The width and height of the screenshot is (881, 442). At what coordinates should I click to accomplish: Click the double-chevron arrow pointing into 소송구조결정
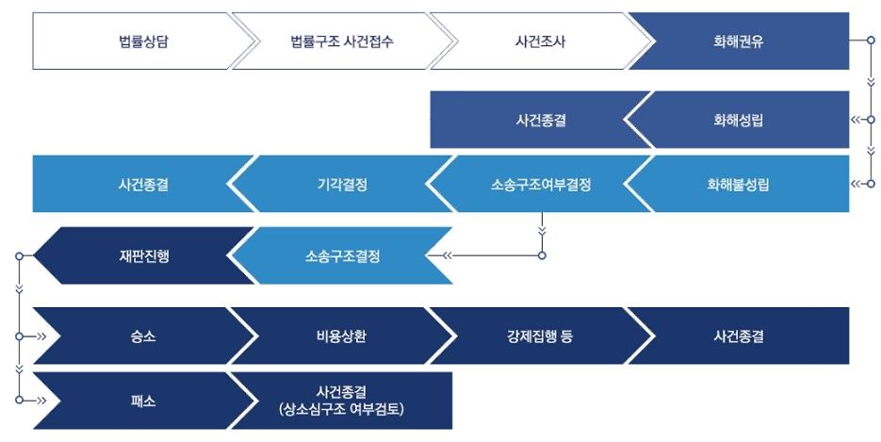[x=447, y=255]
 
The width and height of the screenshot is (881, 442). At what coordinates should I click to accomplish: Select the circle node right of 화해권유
[x=872, y=41]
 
